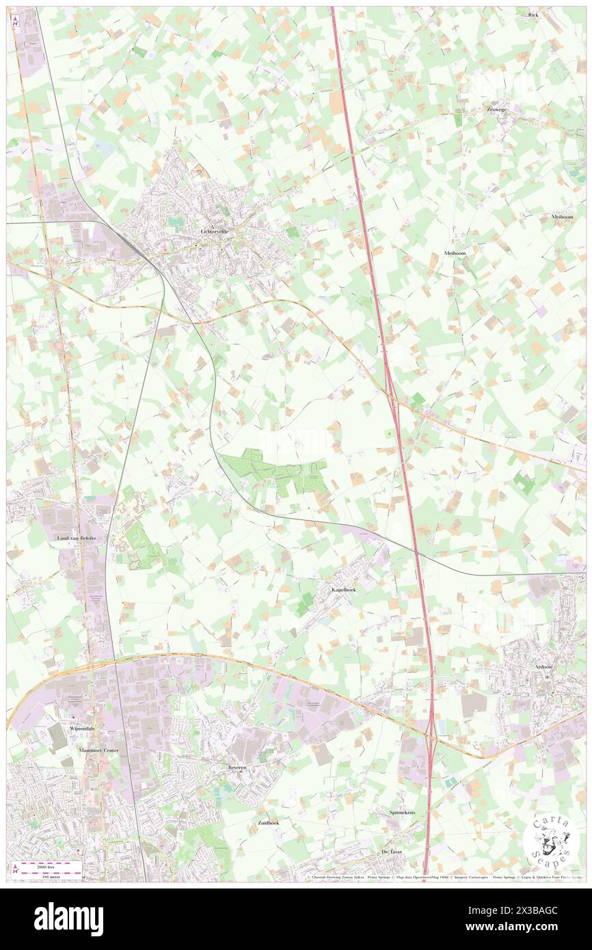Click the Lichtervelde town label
(214, 232)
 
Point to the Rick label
(533, 14)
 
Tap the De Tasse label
(394, 852)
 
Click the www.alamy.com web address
(513, 927)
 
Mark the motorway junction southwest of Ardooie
(429, 735)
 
